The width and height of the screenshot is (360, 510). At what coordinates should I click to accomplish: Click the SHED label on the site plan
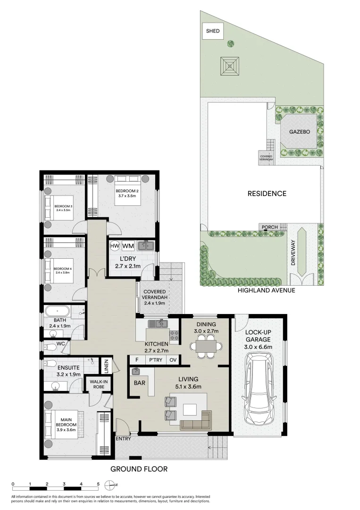(213, 31)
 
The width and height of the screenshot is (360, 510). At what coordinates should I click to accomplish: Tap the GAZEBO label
(300, 132)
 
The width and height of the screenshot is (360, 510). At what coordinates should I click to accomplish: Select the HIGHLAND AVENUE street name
(267, 290)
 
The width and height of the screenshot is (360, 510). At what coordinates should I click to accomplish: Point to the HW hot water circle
(115, 246)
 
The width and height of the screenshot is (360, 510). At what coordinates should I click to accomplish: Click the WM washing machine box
(128, 246)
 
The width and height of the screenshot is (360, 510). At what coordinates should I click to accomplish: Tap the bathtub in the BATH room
(57, 311)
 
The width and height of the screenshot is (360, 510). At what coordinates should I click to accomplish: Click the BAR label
(139, 383)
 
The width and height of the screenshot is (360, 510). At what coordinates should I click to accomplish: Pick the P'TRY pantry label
(156, 360)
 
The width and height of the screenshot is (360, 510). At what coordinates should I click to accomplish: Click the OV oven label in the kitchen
(173, 360)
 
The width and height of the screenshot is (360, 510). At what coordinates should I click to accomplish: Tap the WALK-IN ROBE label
(99, 384)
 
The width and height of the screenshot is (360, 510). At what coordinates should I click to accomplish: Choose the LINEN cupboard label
(106, 366)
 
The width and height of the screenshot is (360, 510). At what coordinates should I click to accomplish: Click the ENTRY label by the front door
(123, 439)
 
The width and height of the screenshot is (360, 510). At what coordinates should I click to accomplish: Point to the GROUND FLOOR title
(139, 469)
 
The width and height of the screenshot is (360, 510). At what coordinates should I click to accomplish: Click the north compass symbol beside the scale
(110, 485)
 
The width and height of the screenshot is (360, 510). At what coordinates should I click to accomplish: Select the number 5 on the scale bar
(98, 484)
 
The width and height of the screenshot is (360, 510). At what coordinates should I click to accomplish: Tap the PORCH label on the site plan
(270, 227)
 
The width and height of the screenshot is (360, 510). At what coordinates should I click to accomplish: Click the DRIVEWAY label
(293, 253)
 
